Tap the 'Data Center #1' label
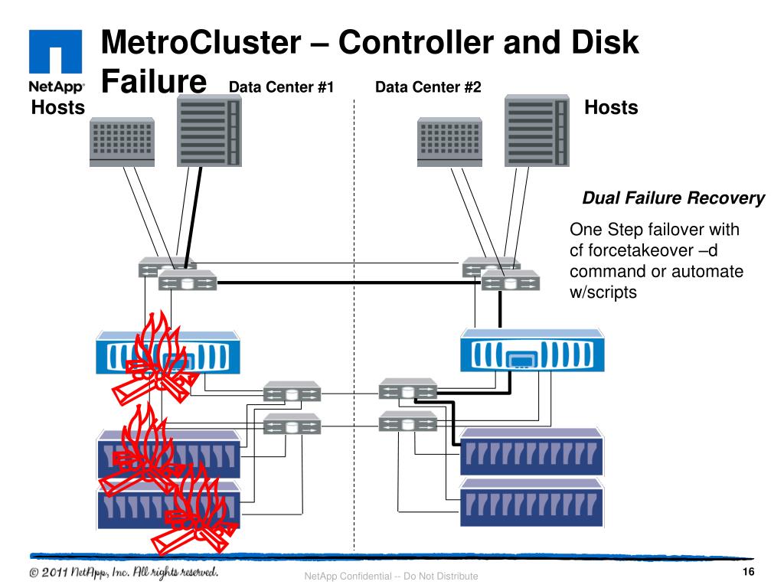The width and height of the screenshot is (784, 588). click(x=282, y=87)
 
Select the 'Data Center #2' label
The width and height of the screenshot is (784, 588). click(x=428, y=87)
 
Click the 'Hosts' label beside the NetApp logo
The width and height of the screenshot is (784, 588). click(x=57, y=108)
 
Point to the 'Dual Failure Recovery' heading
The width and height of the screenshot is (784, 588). click(x=674, y=199)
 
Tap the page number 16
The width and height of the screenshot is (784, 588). click(x=749, y=574)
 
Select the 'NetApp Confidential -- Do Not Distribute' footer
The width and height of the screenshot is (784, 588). click(x=390, y=577)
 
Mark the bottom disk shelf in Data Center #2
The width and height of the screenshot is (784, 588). click(x=532, y=502)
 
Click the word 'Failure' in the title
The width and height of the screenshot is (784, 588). click(x=155, y=81)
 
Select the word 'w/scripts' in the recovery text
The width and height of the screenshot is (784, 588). click(x=603, y=292)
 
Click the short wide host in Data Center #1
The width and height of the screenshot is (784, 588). click(x=122, y=142)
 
